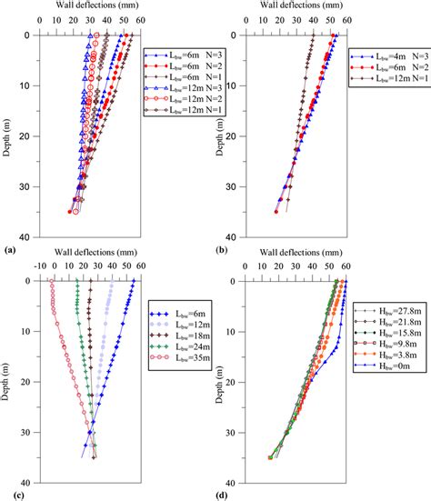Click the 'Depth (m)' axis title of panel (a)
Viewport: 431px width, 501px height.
click(x=8, y=135)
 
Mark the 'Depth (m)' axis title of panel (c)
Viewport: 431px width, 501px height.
click(x=8, y=381)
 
